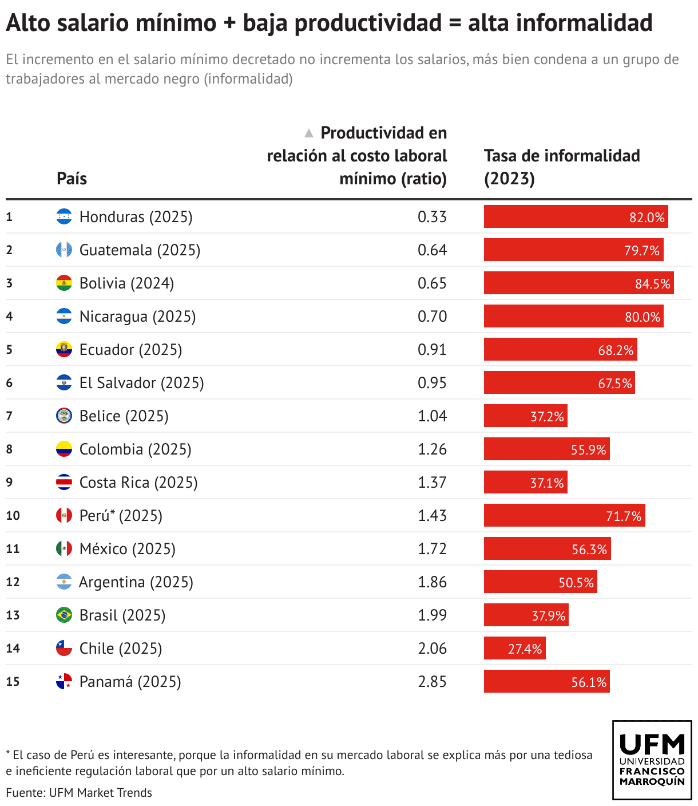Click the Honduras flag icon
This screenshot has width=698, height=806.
(64, 217)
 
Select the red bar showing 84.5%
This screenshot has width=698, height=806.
(578, 283)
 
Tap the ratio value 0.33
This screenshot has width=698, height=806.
(432, 217)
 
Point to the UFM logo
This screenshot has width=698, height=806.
(652, 760)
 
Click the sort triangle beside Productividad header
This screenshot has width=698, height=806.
(309, 133)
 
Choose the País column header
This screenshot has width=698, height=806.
(72, 179)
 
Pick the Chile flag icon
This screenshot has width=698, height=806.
(64, 649)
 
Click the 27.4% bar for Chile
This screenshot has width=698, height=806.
(514, 649)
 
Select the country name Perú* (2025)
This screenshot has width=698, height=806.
(121, 516)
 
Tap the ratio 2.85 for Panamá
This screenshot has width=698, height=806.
(432, 682)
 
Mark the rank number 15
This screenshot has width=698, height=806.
(13, 682)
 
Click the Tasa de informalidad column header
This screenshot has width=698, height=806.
(561, 167)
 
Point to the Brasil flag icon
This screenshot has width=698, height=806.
(64, 615)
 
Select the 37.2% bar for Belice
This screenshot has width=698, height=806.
(525, 416)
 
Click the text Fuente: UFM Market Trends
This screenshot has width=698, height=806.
(79, 793)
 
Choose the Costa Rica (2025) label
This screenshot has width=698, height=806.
(138, 483)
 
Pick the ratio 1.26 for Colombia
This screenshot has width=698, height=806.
(432, 449)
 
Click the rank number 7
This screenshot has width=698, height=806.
(9, 416)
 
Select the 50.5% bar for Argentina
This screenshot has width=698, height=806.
(540, 582)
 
